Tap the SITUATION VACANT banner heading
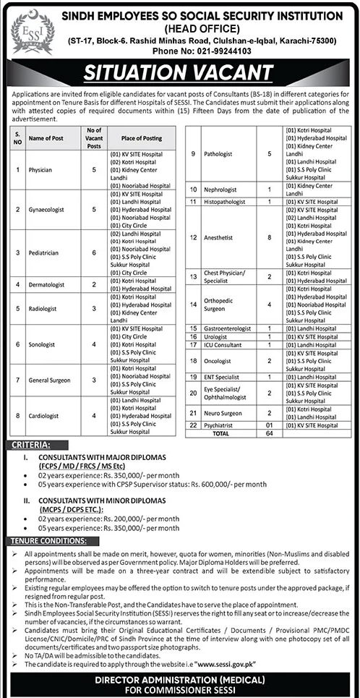pos(179,75)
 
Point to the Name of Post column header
pos(46,138)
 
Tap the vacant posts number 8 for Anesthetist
pos(269,237)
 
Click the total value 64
pos(269,432)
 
